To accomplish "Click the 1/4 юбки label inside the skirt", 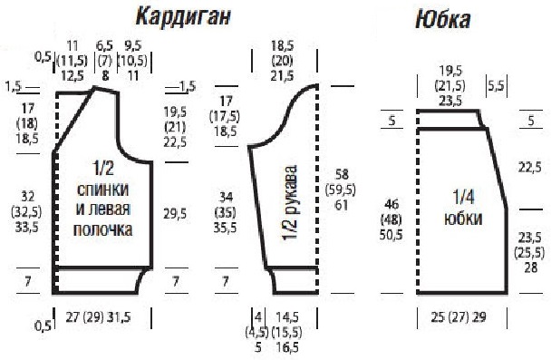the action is (x=462, y=206).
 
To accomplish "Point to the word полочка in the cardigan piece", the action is (x=102, y=231).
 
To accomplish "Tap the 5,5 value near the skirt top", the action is (x=497, y=87).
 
